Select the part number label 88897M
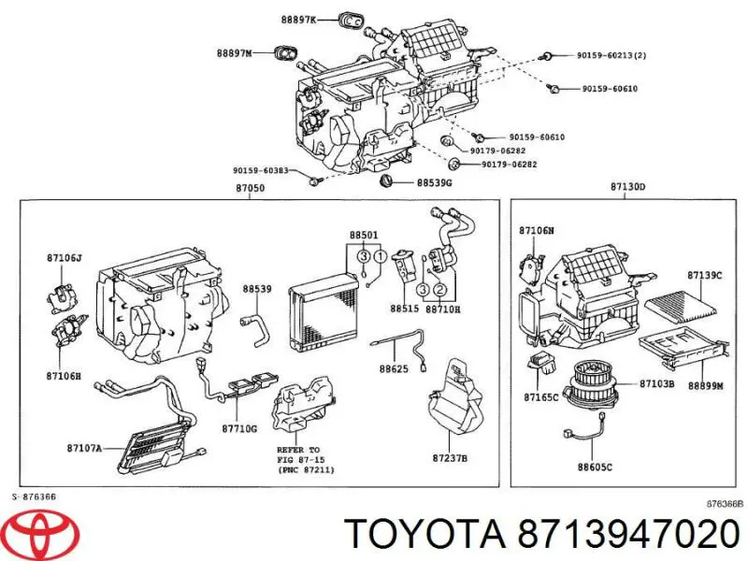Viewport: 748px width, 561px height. (235, 53)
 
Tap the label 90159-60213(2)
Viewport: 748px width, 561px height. (611, 54)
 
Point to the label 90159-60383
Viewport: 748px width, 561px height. (261, 170)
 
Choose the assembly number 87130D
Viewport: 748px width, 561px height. (627, 187)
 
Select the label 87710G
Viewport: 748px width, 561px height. (240, 429)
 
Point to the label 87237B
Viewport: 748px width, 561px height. (451, 457)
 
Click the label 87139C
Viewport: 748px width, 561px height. (704, 275)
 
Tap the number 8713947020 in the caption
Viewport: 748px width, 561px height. (619, 535)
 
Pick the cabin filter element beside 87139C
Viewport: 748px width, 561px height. (686, 306)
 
